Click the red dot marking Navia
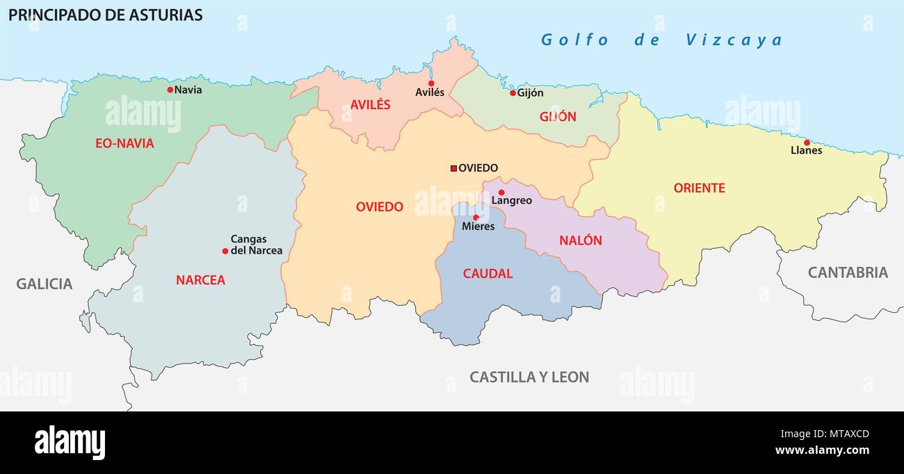(x=170, y=90)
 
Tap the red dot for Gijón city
(x=512, y=93)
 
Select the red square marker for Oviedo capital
(x=453, y=168)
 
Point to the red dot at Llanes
(x=807, y=142)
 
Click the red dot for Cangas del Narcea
(x=225, y=251)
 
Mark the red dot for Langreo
(x=501, y=193)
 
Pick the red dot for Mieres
(x=476, y=218)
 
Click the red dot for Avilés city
(x=431, y=83)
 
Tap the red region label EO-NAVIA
(x=124, y=144)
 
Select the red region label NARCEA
(x=200, y=280)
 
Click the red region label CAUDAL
(x=487, y=274)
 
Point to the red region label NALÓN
(x=581, y=240)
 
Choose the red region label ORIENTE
(x=699, y=188)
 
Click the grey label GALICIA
(x=45, y=284)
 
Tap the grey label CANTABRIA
(x=847, y=272)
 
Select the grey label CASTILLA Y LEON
(x=529, y=377)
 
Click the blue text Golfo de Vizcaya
(x=661, y=40)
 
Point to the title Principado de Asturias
(x=106, y=15)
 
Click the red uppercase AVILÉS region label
(x=370, y=105)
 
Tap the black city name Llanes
(x=806, y=151)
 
